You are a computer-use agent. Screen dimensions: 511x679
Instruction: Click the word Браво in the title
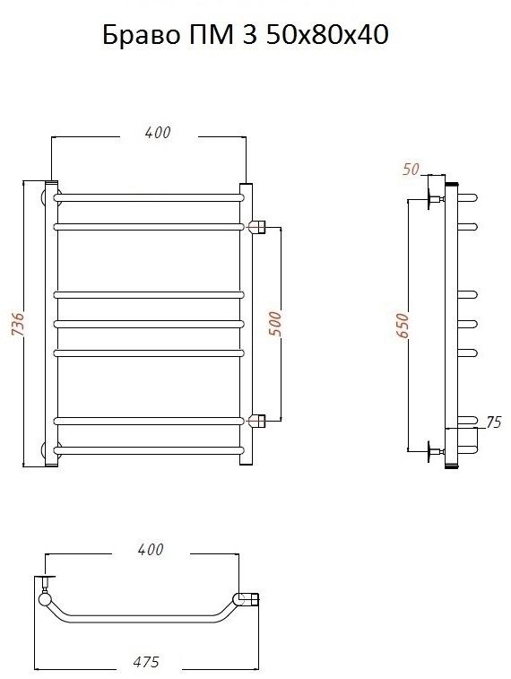[x=141, y=35]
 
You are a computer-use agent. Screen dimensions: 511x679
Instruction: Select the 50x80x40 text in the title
[x=327, y=35]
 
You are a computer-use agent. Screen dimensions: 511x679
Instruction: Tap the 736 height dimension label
[x=17, y=324]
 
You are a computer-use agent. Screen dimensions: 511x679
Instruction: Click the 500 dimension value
[x=274, y=324]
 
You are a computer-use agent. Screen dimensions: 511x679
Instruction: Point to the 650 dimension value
[x=402, y=326]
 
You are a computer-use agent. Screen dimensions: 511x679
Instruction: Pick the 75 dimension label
[x=493, y=422]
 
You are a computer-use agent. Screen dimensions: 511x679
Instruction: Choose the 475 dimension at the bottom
[x=146, y=661]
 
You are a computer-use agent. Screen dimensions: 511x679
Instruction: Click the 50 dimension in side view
[x=411, y=169]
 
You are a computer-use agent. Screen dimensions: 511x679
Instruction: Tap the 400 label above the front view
[x=158, y=133]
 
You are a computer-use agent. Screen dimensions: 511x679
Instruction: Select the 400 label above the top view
[x=151, y=550]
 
